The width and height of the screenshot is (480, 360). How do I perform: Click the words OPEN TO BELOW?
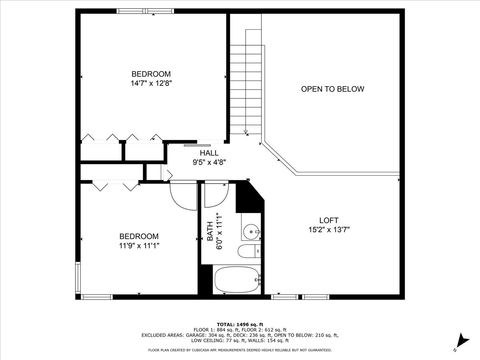(x=333, y=89)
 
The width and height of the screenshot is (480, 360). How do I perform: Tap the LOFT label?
(x=329, y=220)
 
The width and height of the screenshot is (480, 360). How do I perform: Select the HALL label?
(x=209, y=152)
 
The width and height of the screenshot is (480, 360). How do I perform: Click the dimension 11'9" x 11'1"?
(x=140, y=246)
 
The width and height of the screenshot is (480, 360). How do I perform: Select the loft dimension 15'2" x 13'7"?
(x=329, y=230)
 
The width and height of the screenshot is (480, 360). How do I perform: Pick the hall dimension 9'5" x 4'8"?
(x=209, y=161)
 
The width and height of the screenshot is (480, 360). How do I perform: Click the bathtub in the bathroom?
(x=238, y=278)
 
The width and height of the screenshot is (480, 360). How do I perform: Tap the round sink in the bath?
(x=249, y=235)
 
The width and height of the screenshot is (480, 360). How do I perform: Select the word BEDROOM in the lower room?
(x=140, y=236)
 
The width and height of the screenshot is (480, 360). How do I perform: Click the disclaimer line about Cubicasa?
(x=239, y=351)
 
